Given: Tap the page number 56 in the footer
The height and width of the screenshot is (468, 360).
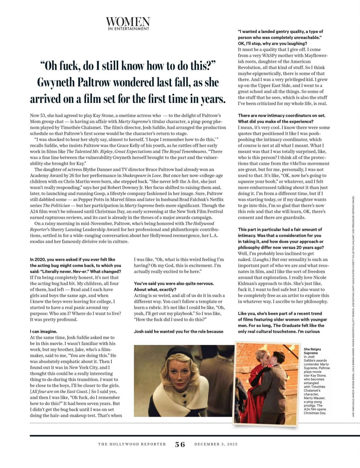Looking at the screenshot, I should point(180,444).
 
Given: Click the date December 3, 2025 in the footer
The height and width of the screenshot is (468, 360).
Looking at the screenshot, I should point(216,444).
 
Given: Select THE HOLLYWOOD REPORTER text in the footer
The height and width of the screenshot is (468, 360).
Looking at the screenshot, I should point(132,444).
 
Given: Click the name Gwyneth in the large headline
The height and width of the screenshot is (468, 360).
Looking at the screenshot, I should point(56,83).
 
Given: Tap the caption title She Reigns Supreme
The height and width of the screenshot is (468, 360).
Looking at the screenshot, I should point(312,351).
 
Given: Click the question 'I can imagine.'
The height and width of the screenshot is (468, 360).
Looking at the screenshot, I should point(43,331).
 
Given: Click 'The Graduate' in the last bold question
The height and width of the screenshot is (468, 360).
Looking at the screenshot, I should point(287,325).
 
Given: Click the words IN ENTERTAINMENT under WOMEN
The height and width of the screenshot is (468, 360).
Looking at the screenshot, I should point(128,29).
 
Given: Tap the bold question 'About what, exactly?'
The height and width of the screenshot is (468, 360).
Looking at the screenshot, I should point(155,289).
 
